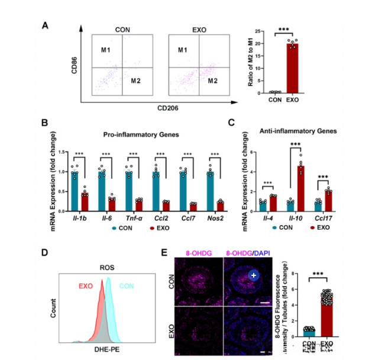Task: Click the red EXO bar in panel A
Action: pyautogui.click(x=292, y=67)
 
